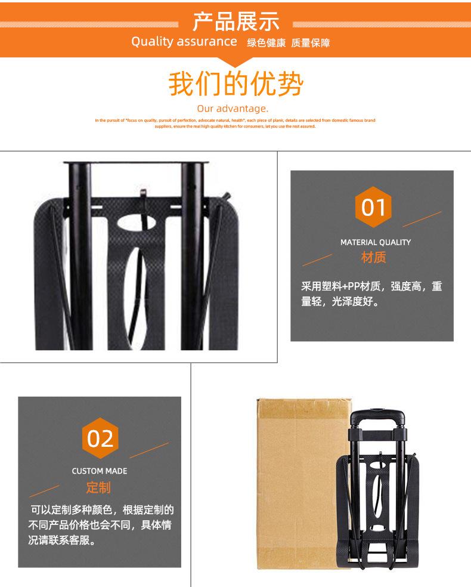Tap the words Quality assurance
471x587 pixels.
(184, 42)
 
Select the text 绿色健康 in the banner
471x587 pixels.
(267, 43)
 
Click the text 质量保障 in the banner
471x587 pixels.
(311, 43)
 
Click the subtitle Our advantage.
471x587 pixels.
(233, 109)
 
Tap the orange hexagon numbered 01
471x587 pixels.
(374, 208)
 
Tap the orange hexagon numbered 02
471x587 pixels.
(100, 438)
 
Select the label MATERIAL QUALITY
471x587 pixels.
(376, 242)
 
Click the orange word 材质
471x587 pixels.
(374, 258)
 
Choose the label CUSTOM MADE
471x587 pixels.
(100, 471)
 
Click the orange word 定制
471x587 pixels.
(98, 487)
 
